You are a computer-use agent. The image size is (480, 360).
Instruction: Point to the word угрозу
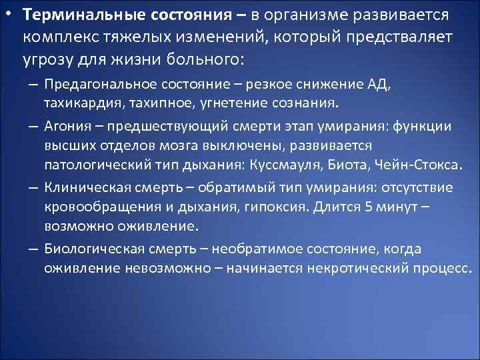point(48,60)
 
